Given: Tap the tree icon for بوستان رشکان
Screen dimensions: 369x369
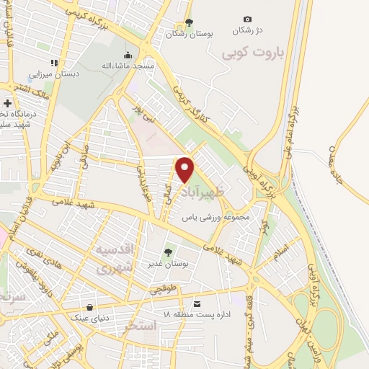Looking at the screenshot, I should coord(189,22).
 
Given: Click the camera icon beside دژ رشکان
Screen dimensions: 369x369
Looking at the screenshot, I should coord(248,19).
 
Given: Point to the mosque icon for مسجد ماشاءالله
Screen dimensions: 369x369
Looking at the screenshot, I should coord(128,55).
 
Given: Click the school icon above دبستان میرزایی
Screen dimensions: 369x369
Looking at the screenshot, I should coord(53,63).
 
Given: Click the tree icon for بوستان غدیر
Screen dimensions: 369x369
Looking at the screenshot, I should coord(168,252).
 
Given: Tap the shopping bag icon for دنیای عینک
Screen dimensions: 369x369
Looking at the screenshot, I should coord(89,307).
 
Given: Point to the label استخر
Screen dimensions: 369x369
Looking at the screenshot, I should coord(140,326).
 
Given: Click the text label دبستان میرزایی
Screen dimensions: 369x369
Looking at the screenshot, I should coord(53,74).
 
